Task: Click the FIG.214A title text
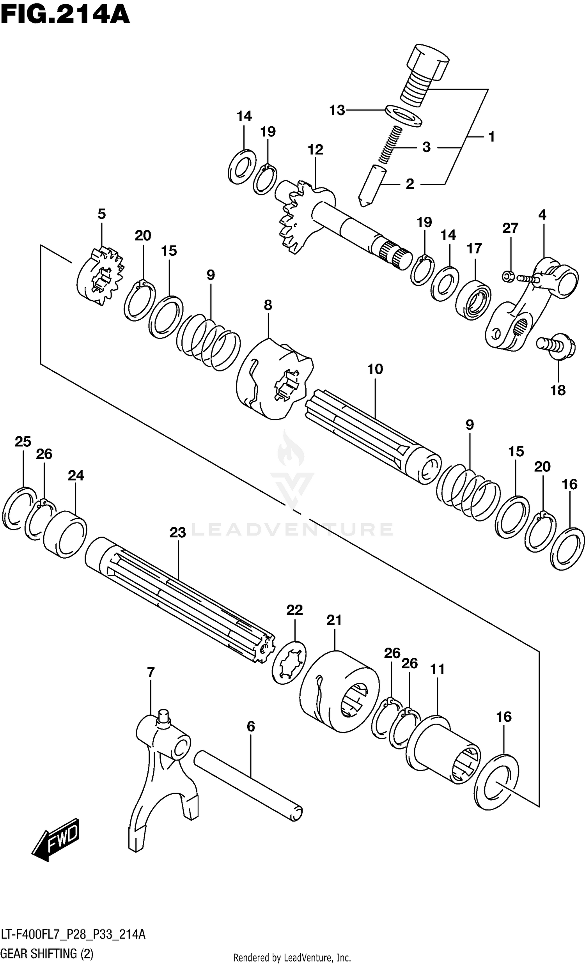click(65, 16)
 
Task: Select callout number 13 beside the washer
click(337, 110)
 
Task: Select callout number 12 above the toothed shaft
click(316, 150)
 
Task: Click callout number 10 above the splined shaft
click(375, 369)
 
